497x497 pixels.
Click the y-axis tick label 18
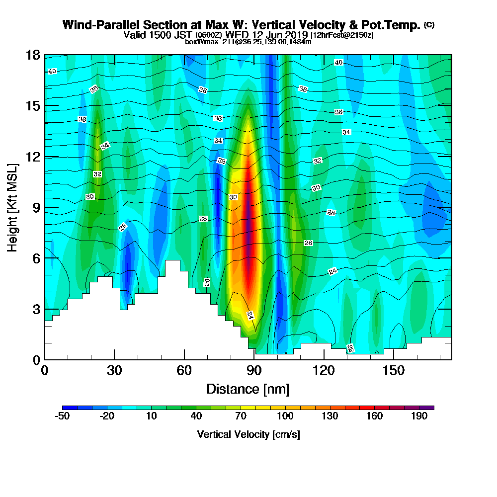point(33,55)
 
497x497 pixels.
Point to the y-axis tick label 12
point(33,157)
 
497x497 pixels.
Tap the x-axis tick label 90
point(254,370)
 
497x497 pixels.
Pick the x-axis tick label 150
point(393,370)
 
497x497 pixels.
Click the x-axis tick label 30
point(114,370)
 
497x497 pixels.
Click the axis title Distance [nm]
point(248,389)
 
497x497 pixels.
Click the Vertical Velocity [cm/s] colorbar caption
point(248,434)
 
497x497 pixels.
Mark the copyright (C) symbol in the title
point(429,24)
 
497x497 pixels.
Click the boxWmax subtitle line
point(248,42)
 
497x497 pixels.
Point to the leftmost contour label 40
point(52,71)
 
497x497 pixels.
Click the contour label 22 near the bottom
point(350,349)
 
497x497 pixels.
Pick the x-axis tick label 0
point(45,370)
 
